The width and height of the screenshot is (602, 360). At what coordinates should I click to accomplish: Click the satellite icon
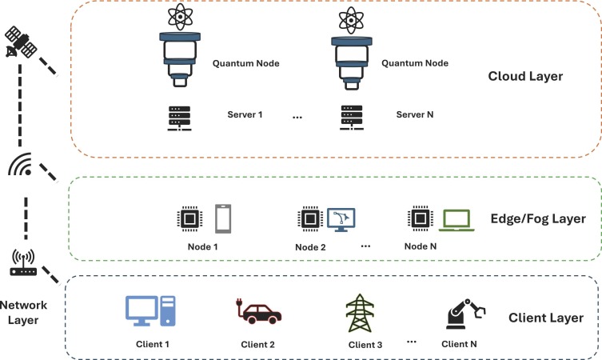point(20,43)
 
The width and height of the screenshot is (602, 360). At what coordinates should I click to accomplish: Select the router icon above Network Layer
point(24,262)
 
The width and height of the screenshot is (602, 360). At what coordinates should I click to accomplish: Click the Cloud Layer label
point(525,78)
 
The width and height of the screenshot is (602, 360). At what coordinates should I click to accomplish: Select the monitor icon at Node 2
point(342,218)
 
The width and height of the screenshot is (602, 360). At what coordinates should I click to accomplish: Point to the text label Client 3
point(365,346)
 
